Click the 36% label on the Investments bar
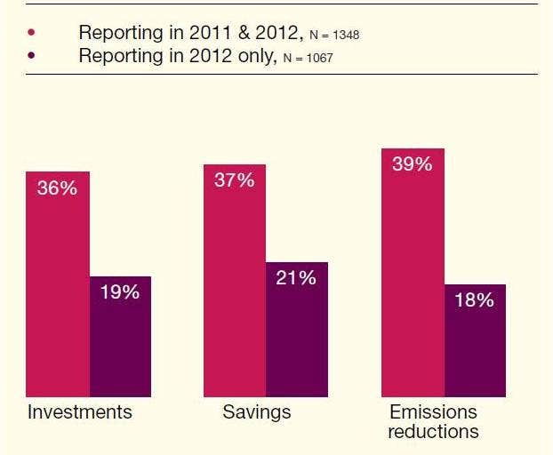pos(57,188)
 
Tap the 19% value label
pos(119,291)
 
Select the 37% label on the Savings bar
pos(235,180)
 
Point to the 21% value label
pos(296,278)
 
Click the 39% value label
pos(412,164)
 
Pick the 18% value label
pos(474,300)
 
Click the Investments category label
pos(80,412)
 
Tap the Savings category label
pos(257,412)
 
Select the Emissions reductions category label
pos(434,421)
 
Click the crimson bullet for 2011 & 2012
pos(33,33)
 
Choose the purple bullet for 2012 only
pos(33,56)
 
